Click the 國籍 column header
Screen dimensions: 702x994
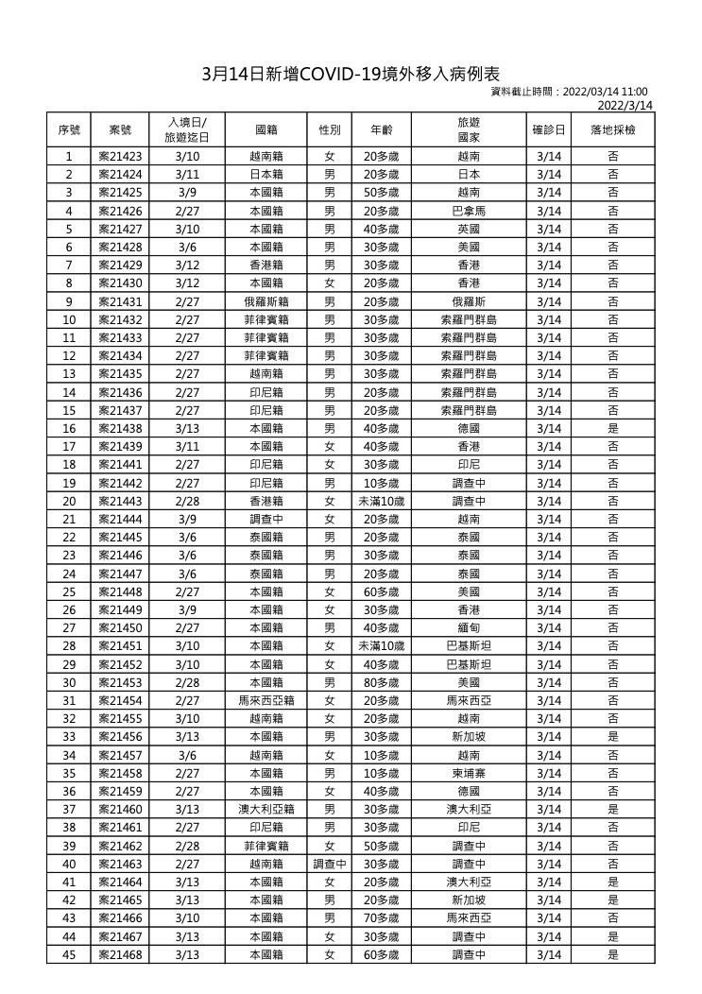266,129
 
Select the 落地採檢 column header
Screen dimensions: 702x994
613,129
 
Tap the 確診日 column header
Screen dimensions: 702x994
548,129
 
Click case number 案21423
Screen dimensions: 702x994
121,157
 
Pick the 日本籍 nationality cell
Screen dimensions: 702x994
266,175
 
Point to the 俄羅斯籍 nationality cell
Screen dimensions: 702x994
266,301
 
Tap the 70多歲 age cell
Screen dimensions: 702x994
381,918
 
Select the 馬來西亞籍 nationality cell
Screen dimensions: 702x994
266,701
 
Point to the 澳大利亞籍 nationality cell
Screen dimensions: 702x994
266,810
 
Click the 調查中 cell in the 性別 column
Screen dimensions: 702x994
330,864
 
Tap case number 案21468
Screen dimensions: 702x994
121,954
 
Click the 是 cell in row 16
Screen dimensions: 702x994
613,428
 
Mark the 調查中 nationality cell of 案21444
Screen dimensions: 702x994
266,519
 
